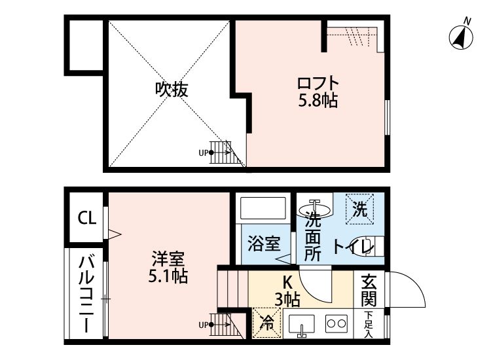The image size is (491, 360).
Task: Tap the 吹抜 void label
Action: [x=172, y=90]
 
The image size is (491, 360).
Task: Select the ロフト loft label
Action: [x=318, y=83]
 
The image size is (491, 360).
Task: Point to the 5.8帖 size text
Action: [x=318, y=101]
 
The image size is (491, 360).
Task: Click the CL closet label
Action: [x=86, y=218]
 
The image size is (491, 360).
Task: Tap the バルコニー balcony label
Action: [x=86, y=294]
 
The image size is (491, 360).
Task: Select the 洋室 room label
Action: [x=168, y=259]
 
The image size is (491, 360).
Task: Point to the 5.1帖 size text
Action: [x=168, y=276]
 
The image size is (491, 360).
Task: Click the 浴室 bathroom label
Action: [x=264, y=243]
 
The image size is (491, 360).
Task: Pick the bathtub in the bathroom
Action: [x=263, y=208]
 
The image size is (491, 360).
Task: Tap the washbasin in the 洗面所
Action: [x=315, y=209]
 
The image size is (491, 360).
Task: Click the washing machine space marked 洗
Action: [x=360, y=209]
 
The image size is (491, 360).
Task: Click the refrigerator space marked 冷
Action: [x=267, y=323]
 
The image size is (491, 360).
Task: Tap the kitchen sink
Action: [x=301, y=325]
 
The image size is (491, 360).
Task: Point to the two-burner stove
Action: [x=336, y=323]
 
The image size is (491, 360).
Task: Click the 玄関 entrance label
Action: [x=369, y=291]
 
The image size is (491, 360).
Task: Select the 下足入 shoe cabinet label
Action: [x=369, y=324]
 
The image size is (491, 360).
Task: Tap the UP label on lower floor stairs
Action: [x=203, y=325]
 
